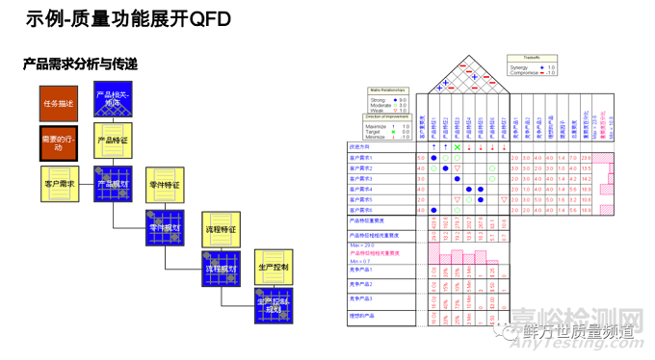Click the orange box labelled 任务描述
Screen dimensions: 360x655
(58, 102)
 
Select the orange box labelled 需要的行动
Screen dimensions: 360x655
(58, 143)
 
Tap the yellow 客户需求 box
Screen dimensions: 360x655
(60, 183)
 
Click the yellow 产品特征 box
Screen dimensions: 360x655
(114, 141)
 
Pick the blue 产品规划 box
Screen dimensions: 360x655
(114, 183)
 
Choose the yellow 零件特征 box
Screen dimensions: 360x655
(165, 183)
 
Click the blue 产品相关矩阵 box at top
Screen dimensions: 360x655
(114, 102)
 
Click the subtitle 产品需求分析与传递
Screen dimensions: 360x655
(80, 64)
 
